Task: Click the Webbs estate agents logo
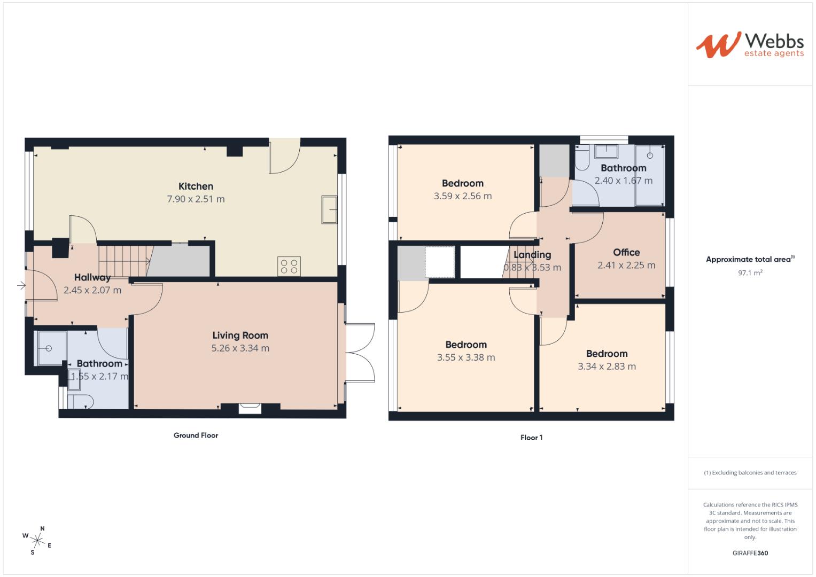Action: coord(749,44)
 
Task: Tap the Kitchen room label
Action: coord(196,186)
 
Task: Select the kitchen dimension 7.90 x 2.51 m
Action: coord(196,199)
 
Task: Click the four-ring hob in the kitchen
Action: coord(289,266)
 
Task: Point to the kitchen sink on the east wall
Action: coord(329,209)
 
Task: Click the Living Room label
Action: coord(240,336)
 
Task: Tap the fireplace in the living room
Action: coord(250,408)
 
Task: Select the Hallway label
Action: coord(92,277)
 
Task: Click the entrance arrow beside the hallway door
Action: coord(21,286)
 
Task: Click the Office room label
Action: coord(626,252)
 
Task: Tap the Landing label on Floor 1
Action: coord(532,255)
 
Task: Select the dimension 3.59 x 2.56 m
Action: coord(463,196)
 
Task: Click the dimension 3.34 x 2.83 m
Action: coord(607,367)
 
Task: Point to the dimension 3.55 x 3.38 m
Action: coord(466,357)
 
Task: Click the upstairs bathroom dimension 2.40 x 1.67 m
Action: coord(623,181)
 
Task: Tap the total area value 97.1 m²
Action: coord(750,272)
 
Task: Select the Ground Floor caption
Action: coord(196,435)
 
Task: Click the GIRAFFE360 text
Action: coord(750,553)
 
